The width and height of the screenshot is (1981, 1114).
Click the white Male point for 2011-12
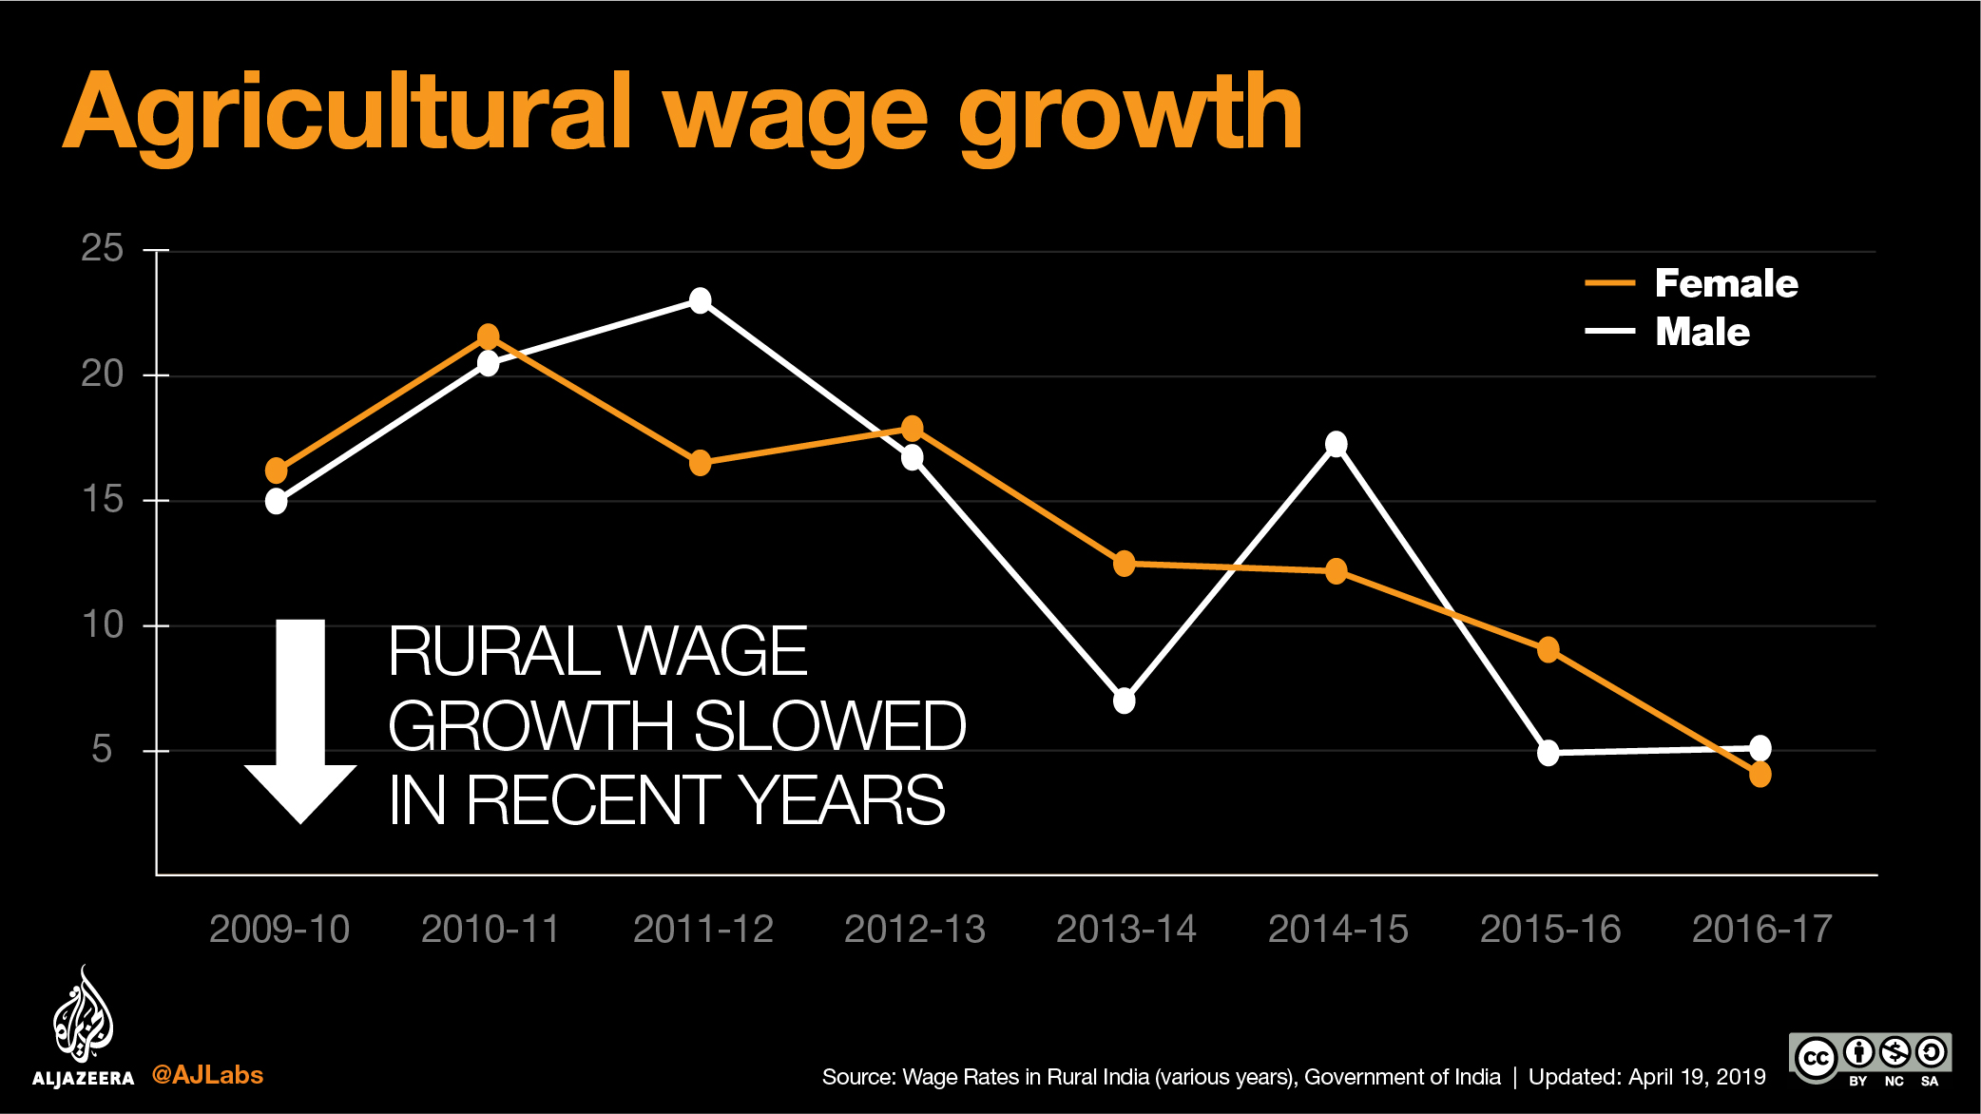(x=700, y=300)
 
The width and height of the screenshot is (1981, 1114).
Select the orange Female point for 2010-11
(x=488, y=336)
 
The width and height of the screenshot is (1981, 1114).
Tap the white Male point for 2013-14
(x=1124, y=701)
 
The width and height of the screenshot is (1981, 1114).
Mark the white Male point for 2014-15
(x=1336, y=444)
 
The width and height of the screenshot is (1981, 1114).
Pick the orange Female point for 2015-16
(x=1548, y=650)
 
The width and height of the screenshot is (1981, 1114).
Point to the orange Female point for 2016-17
(x=1760, y=775)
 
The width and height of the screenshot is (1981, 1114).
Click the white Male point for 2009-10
(x=276, y=501)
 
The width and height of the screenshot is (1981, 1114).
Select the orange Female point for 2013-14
(x=1124, y=564)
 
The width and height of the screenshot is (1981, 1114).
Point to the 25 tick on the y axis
(x=103, y=249)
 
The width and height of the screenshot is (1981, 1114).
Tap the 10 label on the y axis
(x=103, y=624)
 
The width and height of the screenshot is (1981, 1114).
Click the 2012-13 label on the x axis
(x=914, y=929)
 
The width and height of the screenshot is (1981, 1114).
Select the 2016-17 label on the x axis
(x=1761, y=929)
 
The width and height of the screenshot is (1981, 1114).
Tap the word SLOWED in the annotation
(x=829, y=726)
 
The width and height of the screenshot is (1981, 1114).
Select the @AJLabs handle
(x=207, y=1075)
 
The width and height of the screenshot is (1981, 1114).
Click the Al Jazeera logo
(x=84, y=1027)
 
